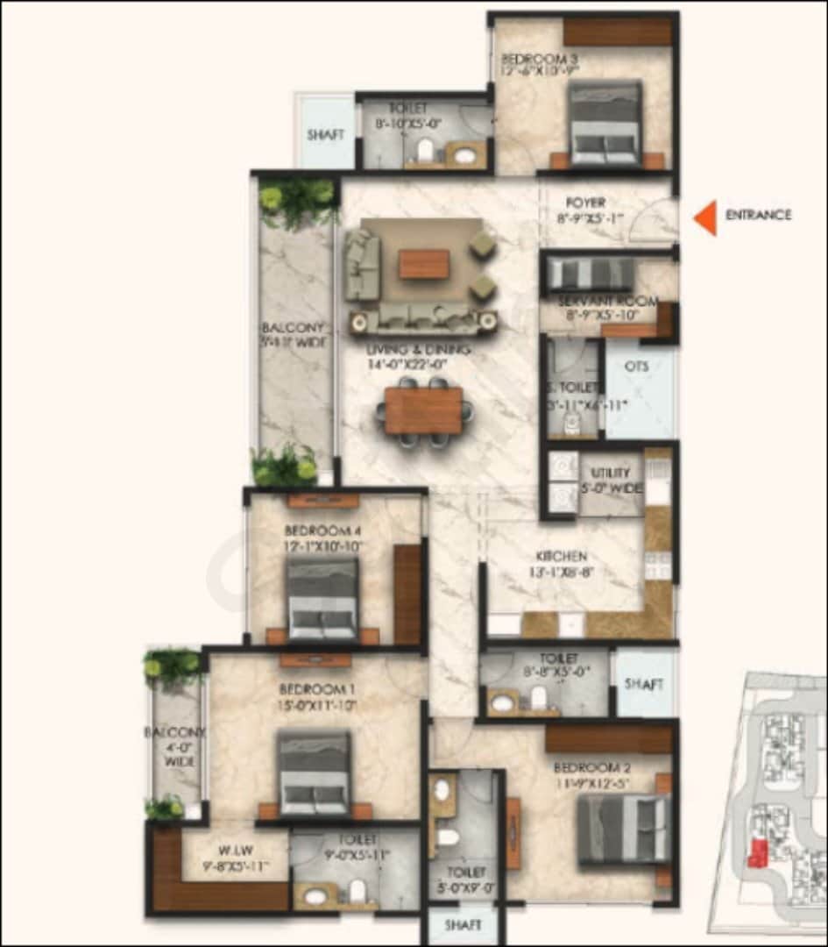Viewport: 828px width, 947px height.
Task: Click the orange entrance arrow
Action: pos(706,217)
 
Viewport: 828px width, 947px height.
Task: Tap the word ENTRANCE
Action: pos(758,215)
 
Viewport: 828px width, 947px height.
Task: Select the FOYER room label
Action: pos(585,203)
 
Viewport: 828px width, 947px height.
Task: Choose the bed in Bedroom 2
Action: pos(624,829)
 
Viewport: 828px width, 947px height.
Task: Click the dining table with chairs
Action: pos(424,411)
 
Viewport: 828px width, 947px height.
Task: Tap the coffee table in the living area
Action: pos(424,264)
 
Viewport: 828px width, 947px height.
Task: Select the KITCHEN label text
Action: pos(562,557)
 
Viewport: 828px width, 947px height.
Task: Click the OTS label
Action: pos(637,367)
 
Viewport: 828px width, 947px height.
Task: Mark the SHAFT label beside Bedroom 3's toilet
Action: pos(325,135)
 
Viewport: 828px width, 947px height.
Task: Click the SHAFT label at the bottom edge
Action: pos(463,925)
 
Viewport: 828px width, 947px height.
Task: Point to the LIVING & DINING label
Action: pos(419,350)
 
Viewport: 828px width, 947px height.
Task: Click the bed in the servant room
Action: pos(588,274)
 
